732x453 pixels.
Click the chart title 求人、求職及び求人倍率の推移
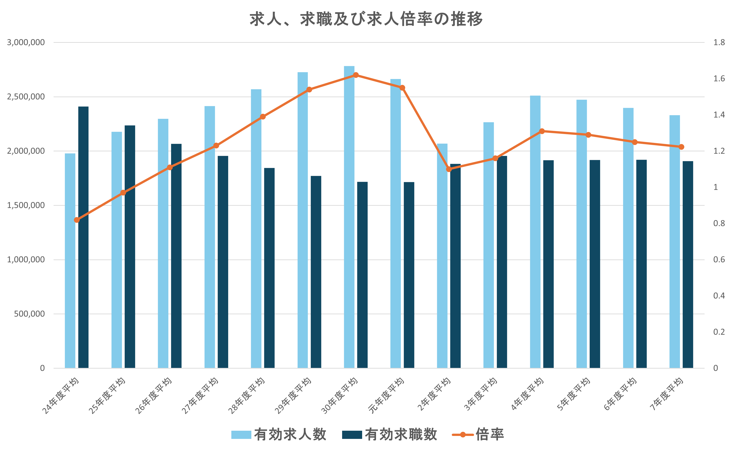pos(366,19)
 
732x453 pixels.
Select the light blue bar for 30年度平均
pos(349,216)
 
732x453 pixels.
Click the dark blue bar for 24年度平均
pos(83,237)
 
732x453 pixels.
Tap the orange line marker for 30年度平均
pos(356,75)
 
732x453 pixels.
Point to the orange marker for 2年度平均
pos(449,169)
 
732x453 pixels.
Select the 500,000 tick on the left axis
pos(29,314)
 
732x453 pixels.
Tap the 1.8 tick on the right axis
pos(719,42)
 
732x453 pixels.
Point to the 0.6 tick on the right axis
pos(719,259)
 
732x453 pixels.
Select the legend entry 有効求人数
pos(279,434)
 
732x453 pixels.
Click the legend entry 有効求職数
pos(389,434)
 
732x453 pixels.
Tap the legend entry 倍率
pos(478,434)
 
